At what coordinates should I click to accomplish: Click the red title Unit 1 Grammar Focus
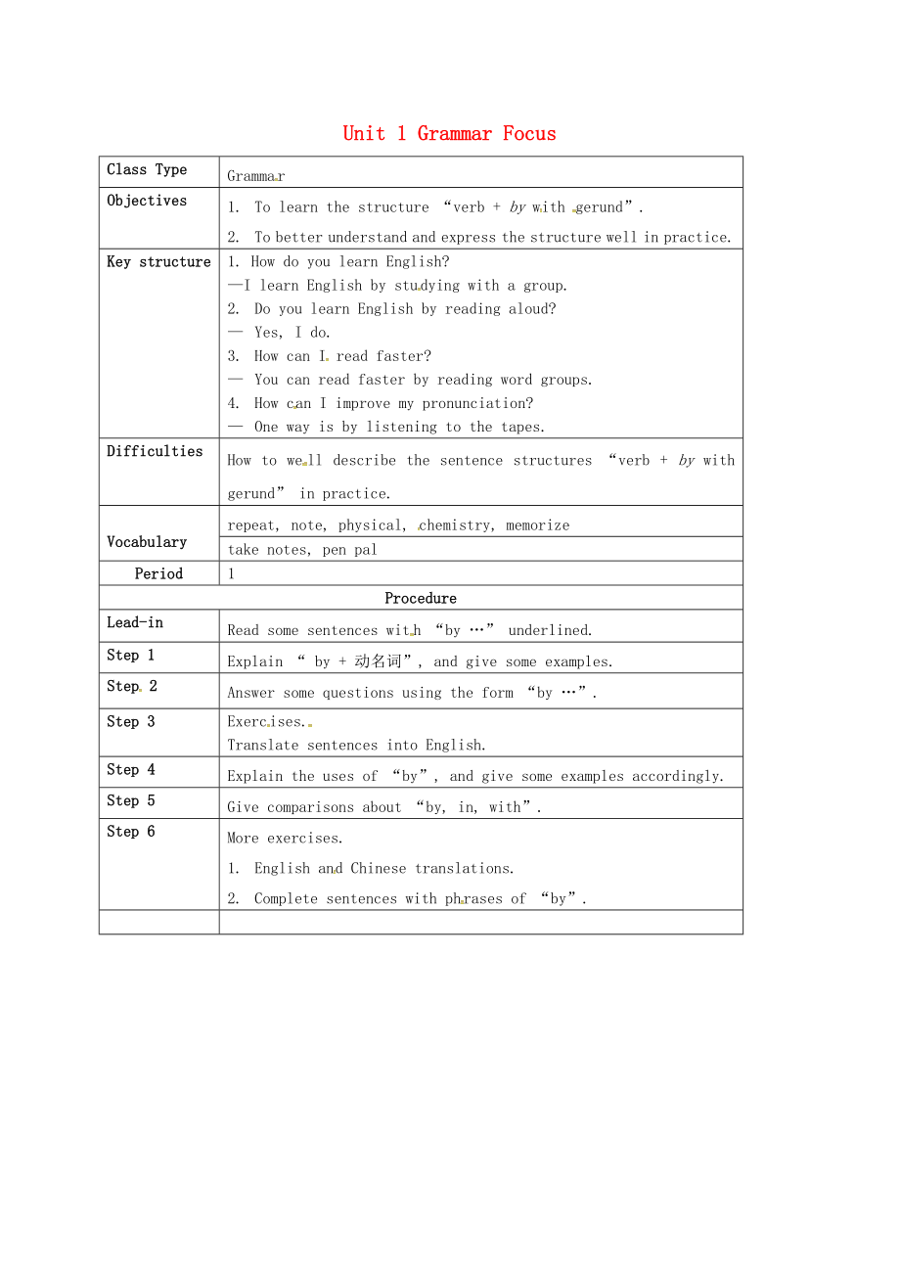449,134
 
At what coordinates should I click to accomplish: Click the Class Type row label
147,169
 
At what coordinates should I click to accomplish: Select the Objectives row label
147,201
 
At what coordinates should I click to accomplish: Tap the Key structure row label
158,262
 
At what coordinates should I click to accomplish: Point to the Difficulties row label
155,451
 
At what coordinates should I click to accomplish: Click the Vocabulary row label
147,542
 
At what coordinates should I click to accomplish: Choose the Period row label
158,573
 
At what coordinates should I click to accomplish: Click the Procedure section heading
421,598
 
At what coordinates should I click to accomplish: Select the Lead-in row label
135,622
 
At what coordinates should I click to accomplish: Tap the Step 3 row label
131,721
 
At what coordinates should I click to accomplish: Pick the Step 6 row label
131,832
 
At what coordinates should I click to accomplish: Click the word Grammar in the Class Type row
255,176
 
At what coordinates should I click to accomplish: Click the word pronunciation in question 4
477,403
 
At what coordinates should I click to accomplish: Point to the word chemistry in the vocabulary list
456,525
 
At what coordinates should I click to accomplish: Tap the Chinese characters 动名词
378,661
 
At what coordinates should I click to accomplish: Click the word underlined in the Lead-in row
550,630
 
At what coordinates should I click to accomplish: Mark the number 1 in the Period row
232,573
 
